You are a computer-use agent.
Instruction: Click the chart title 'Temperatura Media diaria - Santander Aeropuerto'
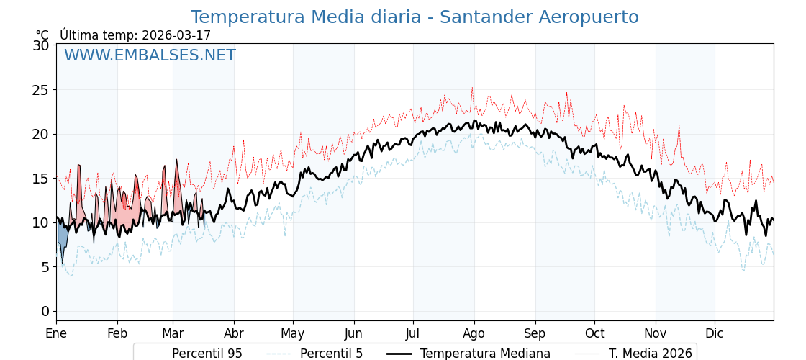pos(415,17)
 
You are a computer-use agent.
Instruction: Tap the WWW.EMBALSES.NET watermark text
pos(150,55)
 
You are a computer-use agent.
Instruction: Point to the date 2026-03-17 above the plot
pos(176,35)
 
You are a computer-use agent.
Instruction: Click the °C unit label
pos(42,35)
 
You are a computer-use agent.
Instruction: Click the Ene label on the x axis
pos(56,333)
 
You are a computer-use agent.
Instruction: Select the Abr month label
pos(234,333)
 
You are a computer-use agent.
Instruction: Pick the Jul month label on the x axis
pos(413,333)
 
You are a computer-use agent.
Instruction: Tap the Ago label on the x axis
pos(474,333)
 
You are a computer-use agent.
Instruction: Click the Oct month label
pos(594,333)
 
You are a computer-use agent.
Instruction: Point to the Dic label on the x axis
pos(715,333)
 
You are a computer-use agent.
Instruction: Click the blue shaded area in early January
pos(63,238)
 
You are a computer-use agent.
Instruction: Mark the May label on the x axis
pos(293,333)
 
